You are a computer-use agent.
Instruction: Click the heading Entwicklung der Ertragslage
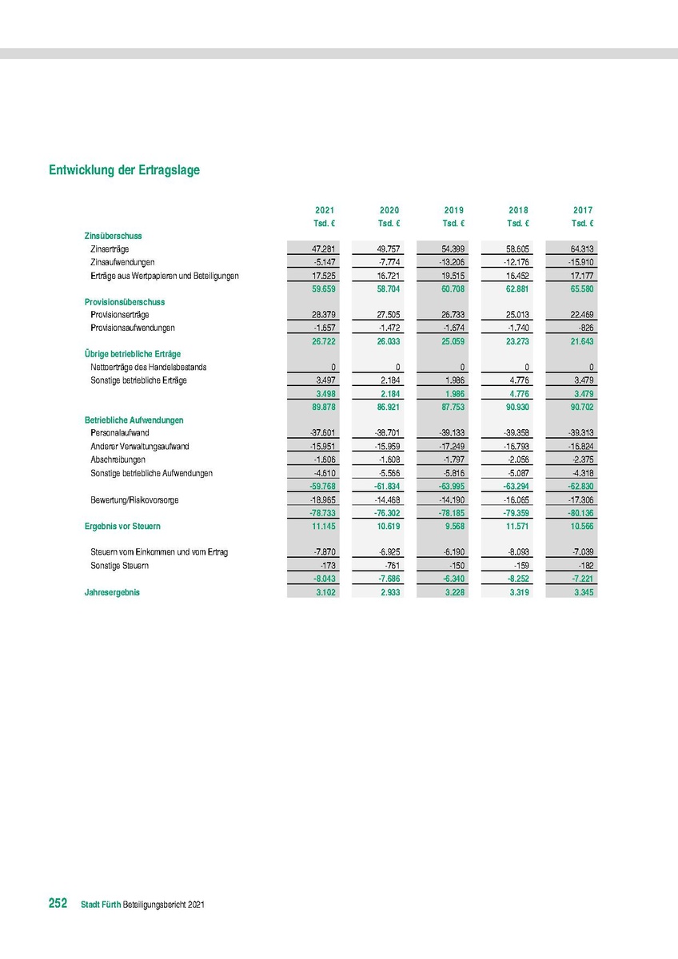point(124,170)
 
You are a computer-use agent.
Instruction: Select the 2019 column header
point(454,210)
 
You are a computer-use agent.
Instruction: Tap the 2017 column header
point(583,210)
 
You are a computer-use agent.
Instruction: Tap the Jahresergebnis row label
point(112,592)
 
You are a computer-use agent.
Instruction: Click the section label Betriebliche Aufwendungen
point(134,420)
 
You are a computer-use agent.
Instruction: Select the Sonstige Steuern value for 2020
point(391,566)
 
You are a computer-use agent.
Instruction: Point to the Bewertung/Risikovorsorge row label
point(134,499)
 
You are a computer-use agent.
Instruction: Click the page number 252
point(58,903)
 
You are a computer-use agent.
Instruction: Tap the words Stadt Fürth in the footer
point(101,905)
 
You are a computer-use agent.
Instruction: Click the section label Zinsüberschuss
point(113,236)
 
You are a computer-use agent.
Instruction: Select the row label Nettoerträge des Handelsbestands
point(149,367)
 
